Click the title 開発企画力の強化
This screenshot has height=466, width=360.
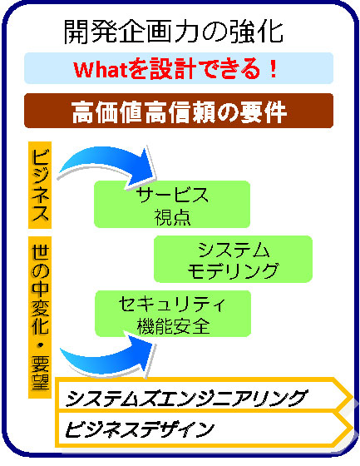click(x=174, y=32)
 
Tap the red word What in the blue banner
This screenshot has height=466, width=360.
click(x=101, y=70)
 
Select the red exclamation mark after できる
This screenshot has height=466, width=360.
click(x=274, y=69)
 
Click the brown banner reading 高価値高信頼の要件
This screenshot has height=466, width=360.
click(x=179, y=111)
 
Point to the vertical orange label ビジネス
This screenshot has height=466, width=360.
click(x=40, y=185)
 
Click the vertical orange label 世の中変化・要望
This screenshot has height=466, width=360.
click(x=40, y=317)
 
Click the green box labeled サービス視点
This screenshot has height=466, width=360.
click(x=172, y=204)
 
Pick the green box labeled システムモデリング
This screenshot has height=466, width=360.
click(x=233, y=259)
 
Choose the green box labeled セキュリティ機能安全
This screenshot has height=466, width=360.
click(x=173, y=314)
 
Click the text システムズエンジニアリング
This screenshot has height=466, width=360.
click(x=185, y=398)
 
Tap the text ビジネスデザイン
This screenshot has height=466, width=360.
click(x=139, y=429)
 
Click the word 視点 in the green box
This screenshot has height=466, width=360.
click(x=172, y=217)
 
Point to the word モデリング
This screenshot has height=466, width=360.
click(x=233, y=270)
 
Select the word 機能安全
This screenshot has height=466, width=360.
click(x=173, y=326)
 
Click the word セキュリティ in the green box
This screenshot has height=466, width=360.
click(x=171, y=304)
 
